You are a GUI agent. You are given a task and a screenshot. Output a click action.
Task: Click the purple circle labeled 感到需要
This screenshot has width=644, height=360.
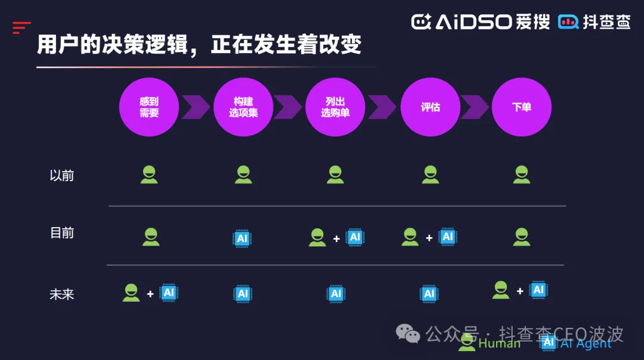[x=149, y=107]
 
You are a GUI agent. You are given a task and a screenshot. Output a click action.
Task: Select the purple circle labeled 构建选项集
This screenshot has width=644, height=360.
[x=243, y=107]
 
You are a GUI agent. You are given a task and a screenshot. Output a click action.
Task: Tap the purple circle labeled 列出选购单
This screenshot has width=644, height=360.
[x=335, y=107]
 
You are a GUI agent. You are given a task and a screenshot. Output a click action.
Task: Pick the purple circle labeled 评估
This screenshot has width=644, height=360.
[x=430, y=107]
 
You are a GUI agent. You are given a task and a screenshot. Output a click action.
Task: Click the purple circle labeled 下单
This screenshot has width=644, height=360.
[x=522, y=107]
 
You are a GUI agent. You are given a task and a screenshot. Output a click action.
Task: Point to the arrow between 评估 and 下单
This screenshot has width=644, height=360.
[x=475, y=107]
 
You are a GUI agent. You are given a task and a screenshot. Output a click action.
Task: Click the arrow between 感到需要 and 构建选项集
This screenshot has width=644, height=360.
[x=196, y=107]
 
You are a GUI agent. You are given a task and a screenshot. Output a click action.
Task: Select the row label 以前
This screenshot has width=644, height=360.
[x=62, y=176]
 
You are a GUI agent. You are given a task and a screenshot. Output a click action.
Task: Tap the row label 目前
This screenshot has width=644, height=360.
[x=62, y=233]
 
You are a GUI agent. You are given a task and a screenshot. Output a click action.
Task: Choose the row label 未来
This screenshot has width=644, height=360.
[x=62, y=294]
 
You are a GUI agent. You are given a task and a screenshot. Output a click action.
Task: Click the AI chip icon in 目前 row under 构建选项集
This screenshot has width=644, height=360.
[x=242, y=238]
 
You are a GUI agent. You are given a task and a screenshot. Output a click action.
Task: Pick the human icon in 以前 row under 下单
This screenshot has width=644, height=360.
[x=522, y=174]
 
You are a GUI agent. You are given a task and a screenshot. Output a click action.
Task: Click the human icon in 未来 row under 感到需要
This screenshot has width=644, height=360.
[x=131, y=292]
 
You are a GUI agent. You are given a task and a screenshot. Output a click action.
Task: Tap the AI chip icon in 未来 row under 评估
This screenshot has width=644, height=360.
[x=429, y=294]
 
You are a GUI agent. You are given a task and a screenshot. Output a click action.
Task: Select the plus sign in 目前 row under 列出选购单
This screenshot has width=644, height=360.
[x=336, y=239]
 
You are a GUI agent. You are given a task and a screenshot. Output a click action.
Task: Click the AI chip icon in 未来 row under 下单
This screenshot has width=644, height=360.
[x=538, y=290]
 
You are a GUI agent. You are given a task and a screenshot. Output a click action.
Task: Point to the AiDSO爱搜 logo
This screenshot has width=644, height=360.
[x=481, y=22]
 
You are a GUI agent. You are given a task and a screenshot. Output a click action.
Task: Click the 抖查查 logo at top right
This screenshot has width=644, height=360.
[x=595, y=22]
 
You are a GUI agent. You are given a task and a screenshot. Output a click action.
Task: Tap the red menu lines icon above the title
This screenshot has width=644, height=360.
[x=21, y=27]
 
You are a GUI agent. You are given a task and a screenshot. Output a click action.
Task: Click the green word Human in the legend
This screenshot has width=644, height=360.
[x=499, y=343]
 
